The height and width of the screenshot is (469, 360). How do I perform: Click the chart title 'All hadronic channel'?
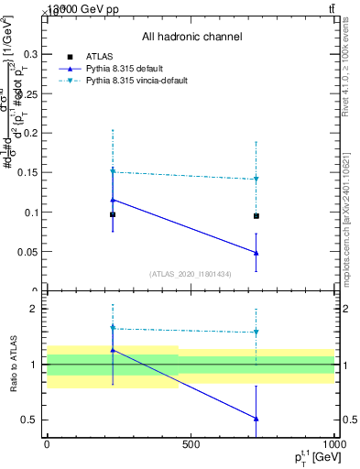(191, 37)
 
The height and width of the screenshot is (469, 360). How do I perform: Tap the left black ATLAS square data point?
(113, 214)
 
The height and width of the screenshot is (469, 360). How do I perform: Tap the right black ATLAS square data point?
(256, 216)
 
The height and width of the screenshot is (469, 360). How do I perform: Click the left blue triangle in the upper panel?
(113, 200)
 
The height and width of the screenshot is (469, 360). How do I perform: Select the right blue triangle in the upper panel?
(256, 253)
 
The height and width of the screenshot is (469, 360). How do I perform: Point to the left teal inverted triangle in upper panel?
(113, 171)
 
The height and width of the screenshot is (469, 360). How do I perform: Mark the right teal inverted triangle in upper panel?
(256, 180)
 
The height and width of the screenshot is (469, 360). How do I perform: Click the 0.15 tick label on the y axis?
(28, 173)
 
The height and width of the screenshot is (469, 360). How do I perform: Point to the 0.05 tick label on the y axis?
(28, 252)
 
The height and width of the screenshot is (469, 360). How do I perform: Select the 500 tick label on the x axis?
(191, 444)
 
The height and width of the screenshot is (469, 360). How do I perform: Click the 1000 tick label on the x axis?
(334, 444)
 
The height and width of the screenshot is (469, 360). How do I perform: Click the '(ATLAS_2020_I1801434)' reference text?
(191, 274)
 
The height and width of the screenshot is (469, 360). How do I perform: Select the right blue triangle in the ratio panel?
(256, 419)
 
